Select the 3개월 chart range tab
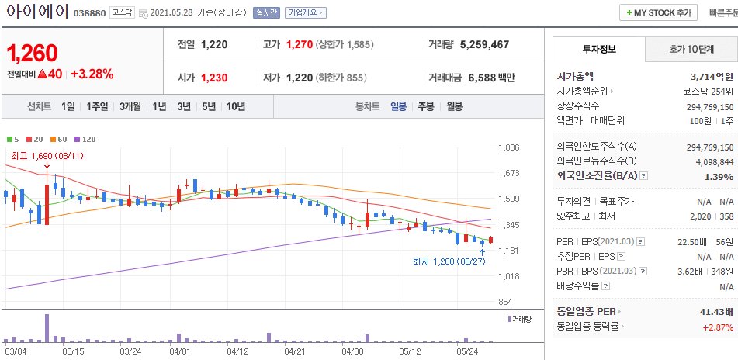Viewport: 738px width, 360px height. click(130, 106)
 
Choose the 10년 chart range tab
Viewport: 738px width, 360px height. click(235, 106)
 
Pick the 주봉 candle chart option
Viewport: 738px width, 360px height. click(425, 106)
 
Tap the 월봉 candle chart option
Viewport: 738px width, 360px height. click(453, 106)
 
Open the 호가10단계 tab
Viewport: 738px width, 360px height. click(691, 49)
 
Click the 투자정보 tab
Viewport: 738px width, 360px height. click(598, 49)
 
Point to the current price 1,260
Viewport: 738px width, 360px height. click(33, 53)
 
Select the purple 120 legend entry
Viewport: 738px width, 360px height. click(85, 139)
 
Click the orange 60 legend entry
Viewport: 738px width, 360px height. click(60, 139)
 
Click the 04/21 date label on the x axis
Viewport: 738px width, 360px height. click(294, 351)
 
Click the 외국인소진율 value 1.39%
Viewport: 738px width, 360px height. click(719, 177)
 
